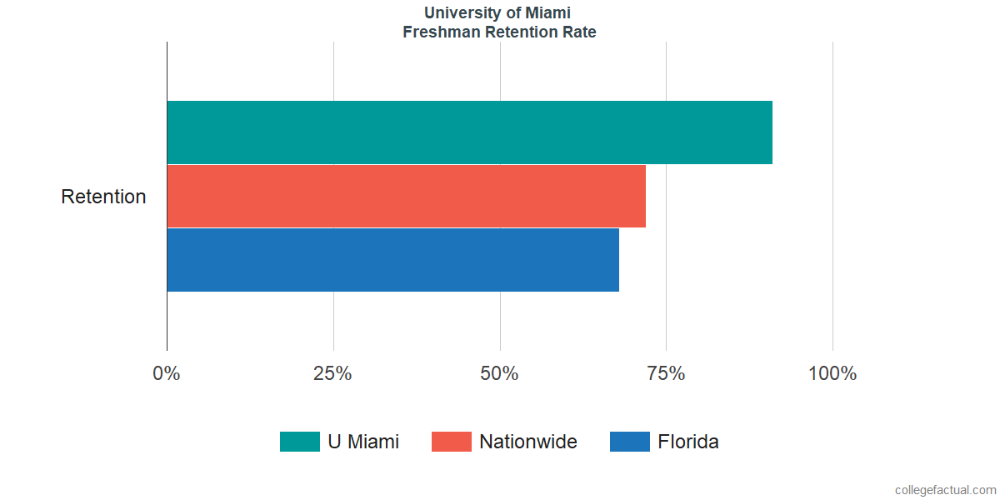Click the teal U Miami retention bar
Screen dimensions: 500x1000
pos(469,132)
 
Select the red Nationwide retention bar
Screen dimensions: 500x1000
pos(406,196)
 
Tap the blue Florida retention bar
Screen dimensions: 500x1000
pos(392,260)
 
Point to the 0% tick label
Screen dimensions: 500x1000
pos(167,373)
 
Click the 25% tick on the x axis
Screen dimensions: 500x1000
pos(332,373)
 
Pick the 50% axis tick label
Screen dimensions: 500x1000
pos(499,373)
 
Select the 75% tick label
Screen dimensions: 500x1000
pos(666,373)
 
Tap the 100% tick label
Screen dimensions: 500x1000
pos(832,373)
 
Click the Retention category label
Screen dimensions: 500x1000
pos(103,197)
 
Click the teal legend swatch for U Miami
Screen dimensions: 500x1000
pos(300,442)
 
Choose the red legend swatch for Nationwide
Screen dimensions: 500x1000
pos(452,442)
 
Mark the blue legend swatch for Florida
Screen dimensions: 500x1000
pos(630,442)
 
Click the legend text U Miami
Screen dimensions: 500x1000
pos(363,442)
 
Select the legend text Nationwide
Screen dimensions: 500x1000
pos(528,442)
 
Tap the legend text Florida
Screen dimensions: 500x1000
pos(688,442)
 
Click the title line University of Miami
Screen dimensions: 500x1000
pos(499,12)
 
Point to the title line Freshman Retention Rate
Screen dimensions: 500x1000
pos(499,32)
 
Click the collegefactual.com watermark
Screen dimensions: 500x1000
pos(945,490)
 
